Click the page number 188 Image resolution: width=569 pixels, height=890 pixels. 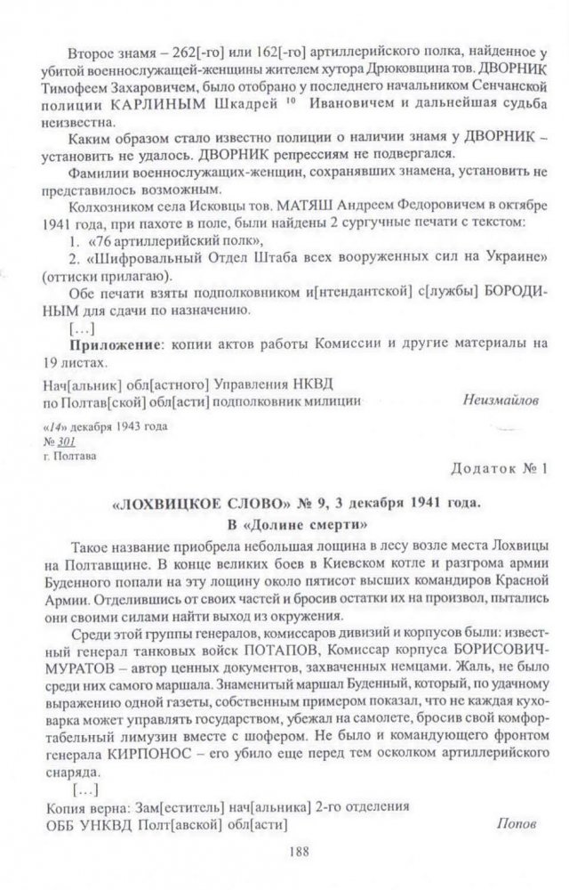tap(298, 851)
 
